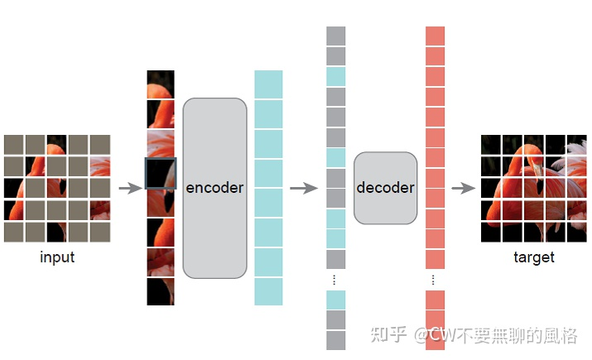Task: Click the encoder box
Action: pyautogui.click(x=214, y=188)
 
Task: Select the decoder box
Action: pyautogui.click(x=385, y=188)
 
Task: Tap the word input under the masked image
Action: pyautogui.click(x=57, y=257)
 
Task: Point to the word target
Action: pyautogui.click(x=533, y=257)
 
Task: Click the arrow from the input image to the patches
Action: pyautogui.click(x=130, y=188)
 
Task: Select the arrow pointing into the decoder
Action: pyautogui.click(x=305, y=188)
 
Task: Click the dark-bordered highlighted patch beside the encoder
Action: pyautogui.click(x=161, y=173)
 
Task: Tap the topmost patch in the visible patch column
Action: pyautogui.click(x=161, y=84)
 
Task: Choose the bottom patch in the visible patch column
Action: pyautogui.click(x=161, y=291)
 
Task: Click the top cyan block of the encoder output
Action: pyautogui.click(x=268, y=84)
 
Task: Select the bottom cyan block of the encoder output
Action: pyautogui.click(x=268, y=291)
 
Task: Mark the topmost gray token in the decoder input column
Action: pyautogui.click(x=335, y=36)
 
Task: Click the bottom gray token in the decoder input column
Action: pyautogui.click(x=335, y=340)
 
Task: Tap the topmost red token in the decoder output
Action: pyautogui.click(x=436, y=36)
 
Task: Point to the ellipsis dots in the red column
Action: pyautogui.click(x=435, y=280)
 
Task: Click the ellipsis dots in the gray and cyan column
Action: pyautogui.click(x=335, y=280)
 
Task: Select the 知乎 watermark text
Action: pyautogui.click(x=389, y=335)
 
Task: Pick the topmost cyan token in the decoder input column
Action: pyautogui.click(x=335, y=76)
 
